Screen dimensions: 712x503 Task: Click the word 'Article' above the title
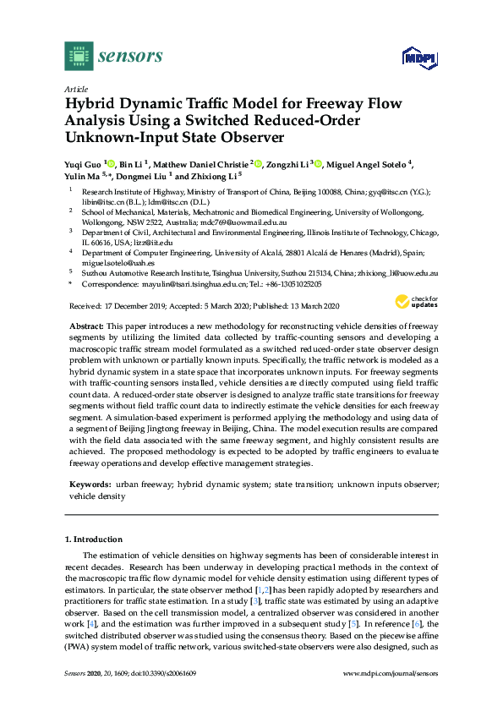coord(75,90)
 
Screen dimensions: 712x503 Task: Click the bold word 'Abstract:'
coord(88,326)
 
